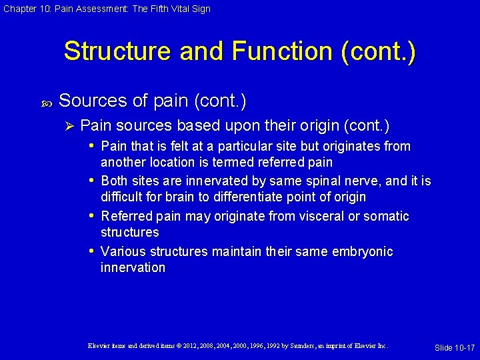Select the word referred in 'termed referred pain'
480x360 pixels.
pos(281,162)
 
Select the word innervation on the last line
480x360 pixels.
pos(133,267)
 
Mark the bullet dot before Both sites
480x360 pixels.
pos(92,181)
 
